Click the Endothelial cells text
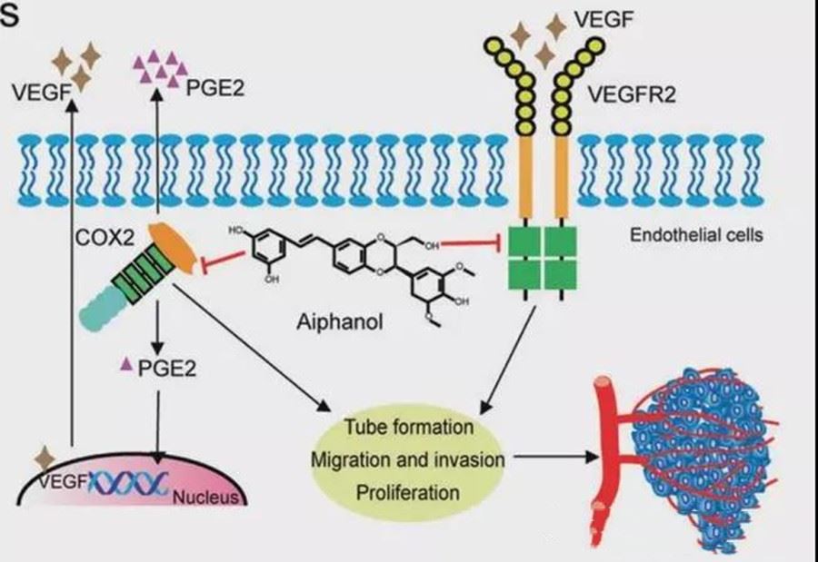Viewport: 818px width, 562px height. (694, 235)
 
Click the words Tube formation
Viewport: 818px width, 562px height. (409, 426)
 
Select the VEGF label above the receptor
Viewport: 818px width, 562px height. (611, 18)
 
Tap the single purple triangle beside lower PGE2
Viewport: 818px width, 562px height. (127, 365)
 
